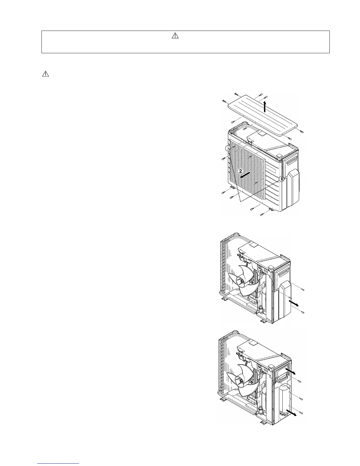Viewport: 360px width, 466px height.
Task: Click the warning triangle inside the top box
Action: point(175,36)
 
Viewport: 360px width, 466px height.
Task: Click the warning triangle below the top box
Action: point(46,74)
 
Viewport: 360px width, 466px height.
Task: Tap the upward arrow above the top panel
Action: point(265,106)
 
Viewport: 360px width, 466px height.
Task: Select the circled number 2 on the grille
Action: point(241,171)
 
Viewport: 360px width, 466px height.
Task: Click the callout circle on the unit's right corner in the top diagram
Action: point(282,178)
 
